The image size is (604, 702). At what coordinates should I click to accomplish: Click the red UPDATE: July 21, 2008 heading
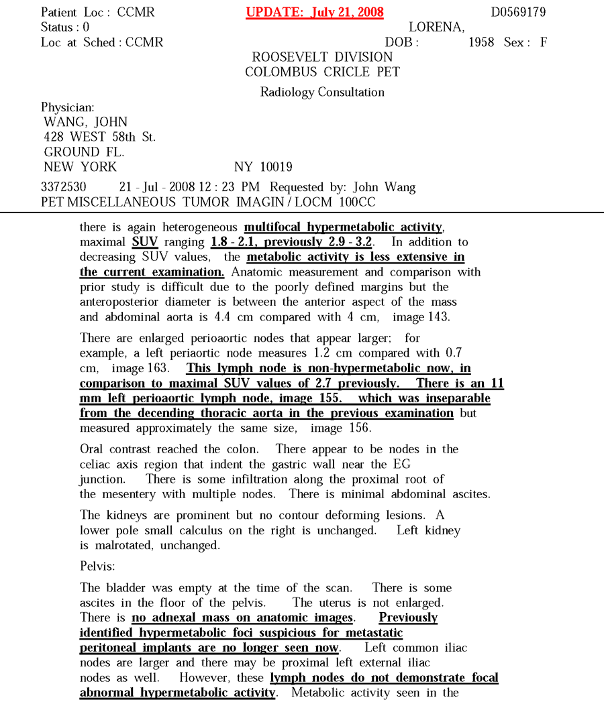click(x=315, y=13)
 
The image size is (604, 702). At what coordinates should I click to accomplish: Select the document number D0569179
click(x=518, y=13)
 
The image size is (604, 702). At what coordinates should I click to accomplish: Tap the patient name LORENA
click(x=436, y=27)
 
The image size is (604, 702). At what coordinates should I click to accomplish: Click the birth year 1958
click(x=481, y=42)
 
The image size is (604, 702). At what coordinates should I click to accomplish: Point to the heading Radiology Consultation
click(x=322, y=92)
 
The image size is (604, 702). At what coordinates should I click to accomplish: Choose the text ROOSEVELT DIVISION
click(x=322, y=57)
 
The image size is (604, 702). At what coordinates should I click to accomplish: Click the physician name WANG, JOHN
click(x=85, y=122)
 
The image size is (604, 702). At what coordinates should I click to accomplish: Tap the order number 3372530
click(x=64, y=187)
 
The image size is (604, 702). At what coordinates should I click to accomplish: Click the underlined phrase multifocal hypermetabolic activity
click(x=343, y=227)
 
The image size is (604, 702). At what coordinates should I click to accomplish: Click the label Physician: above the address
click(x=68, y=107)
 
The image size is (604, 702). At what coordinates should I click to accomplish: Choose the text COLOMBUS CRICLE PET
click(x=322, y=72)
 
